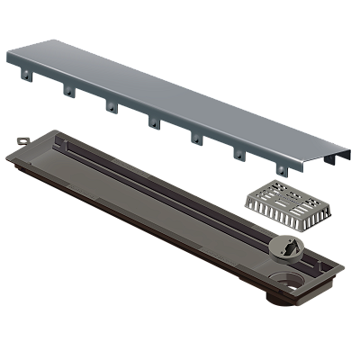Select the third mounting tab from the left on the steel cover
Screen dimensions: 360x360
tap(109, 107)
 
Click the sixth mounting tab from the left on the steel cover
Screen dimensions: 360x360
tap(238, 154)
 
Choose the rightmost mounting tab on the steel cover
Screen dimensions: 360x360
tap(281, 169)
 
